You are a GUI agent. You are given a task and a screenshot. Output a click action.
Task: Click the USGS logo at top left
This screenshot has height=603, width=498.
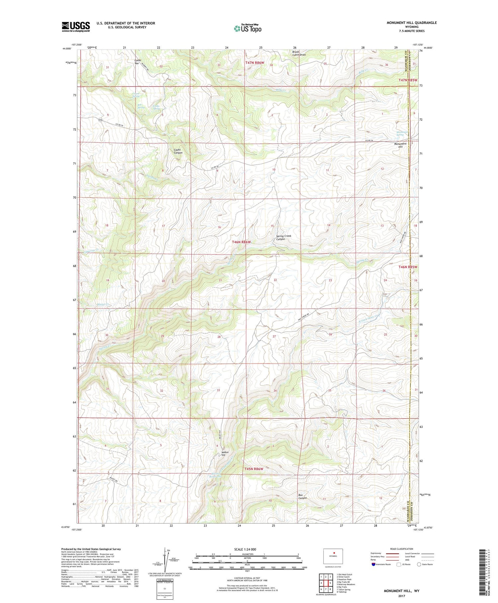(x=76, y=27)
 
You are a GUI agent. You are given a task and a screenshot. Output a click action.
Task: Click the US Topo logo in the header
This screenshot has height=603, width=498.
(x=247, y=29)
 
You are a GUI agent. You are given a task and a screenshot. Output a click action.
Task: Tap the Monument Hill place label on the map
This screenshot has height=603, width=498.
(x=400, y=145)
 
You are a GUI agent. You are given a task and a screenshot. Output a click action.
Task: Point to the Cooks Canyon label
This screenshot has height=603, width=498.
(x=178, y=151)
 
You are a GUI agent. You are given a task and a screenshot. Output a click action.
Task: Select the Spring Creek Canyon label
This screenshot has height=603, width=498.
(x=284, y=237)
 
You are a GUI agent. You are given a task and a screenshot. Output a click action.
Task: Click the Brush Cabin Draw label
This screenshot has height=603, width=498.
(x=298, y=53)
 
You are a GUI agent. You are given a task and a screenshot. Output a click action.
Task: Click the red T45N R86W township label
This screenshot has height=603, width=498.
(x=254, y=469)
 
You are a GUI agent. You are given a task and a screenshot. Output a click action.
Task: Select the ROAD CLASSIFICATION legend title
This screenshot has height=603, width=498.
(x=401, y=549)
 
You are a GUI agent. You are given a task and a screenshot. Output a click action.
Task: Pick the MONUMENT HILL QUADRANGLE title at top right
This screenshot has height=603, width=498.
(x=411, y=23)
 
